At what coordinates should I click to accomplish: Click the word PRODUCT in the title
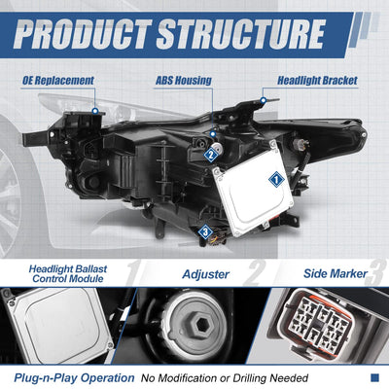tap(83, 34)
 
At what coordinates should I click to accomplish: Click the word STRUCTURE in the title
tap(241, 34)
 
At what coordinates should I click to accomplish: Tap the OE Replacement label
tap(58, 81)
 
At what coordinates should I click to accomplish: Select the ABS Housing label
tap(184, 81)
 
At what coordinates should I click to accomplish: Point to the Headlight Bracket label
tap(317, 81)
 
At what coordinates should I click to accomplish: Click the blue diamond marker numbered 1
tap(276, 179)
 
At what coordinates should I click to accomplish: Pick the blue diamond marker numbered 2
tap(211, 155)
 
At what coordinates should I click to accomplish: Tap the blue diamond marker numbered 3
tap(205, 231)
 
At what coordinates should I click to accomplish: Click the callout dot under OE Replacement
tap(95, 111)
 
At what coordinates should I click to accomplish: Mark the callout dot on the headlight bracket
tap(264, 101)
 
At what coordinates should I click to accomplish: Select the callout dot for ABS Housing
tap(213, 134)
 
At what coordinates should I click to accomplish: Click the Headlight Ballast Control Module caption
tap(68, 274)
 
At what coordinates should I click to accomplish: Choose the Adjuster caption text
tap(206, 274)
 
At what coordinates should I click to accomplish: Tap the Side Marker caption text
tap(336, 273)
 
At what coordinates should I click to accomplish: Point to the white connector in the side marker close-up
tap(320, 321)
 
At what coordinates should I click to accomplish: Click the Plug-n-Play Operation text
tap(74, 378)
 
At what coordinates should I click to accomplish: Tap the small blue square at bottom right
tap(374, 377)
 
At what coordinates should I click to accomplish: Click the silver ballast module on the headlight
tap(254, 188)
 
